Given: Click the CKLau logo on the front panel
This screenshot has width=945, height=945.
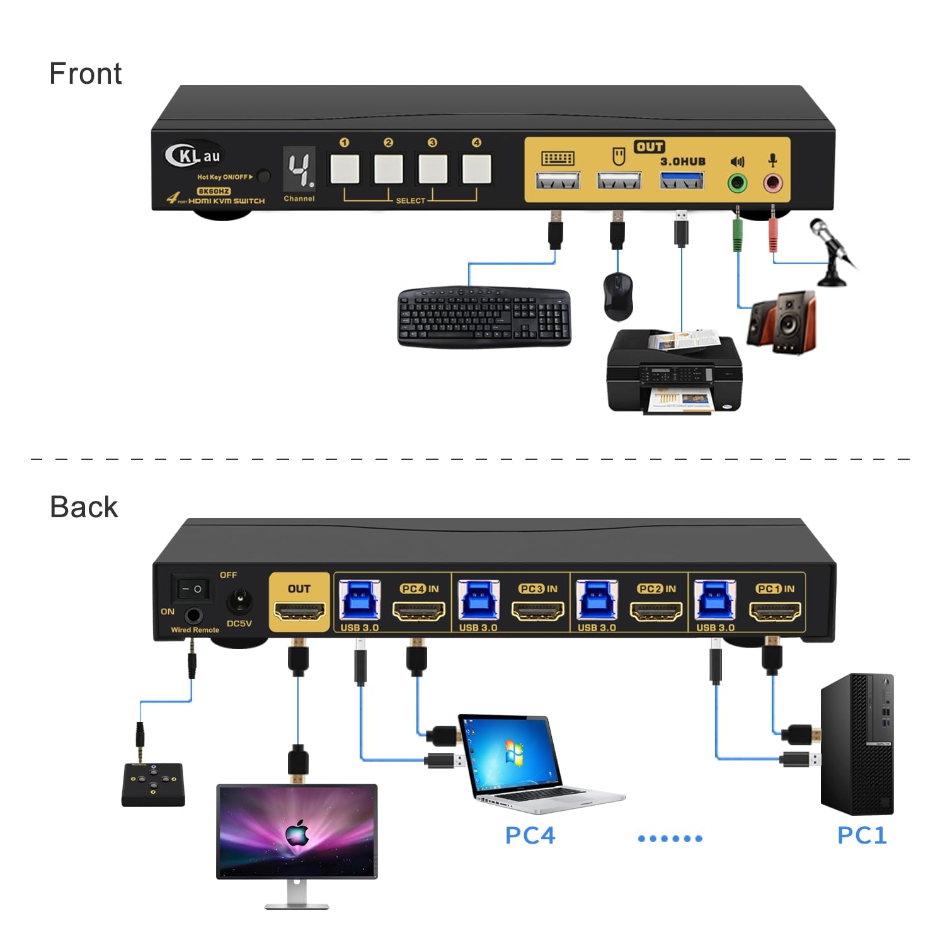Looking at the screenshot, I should [192, 155].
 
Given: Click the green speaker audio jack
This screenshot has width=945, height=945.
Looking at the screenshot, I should [737, 184].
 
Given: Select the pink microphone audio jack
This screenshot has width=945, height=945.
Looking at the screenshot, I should [772, 184].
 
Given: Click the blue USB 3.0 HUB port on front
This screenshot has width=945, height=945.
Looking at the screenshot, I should [682, 182].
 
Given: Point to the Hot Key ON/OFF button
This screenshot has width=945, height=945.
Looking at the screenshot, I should [264, 176].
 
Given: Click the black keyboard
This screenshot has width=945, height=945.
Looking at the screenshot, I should [484, 316].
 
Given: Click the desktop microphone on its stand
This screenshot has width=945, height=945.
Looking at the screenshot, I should [833, 252].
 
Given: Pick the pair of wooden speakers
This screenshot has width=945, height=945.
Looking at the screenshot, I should [781, 321].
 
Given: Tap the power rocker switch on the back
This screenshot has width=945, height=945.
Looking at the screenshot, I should [192, 590].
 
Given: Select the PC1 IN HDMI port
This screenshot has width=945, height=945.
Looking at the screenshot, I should [775, 611].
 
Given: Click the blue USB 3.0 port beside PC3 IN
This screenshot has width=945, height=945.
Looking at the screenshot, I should [478, 600].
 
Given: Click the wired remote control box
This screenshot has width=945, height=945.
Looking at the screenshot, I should [153, 784].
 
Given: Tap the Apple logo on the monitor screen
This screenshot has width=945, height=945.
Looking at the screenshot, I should [297, 833].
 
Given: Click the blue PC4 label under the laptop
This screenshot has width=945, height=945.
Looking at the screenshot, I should [530, 835].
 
